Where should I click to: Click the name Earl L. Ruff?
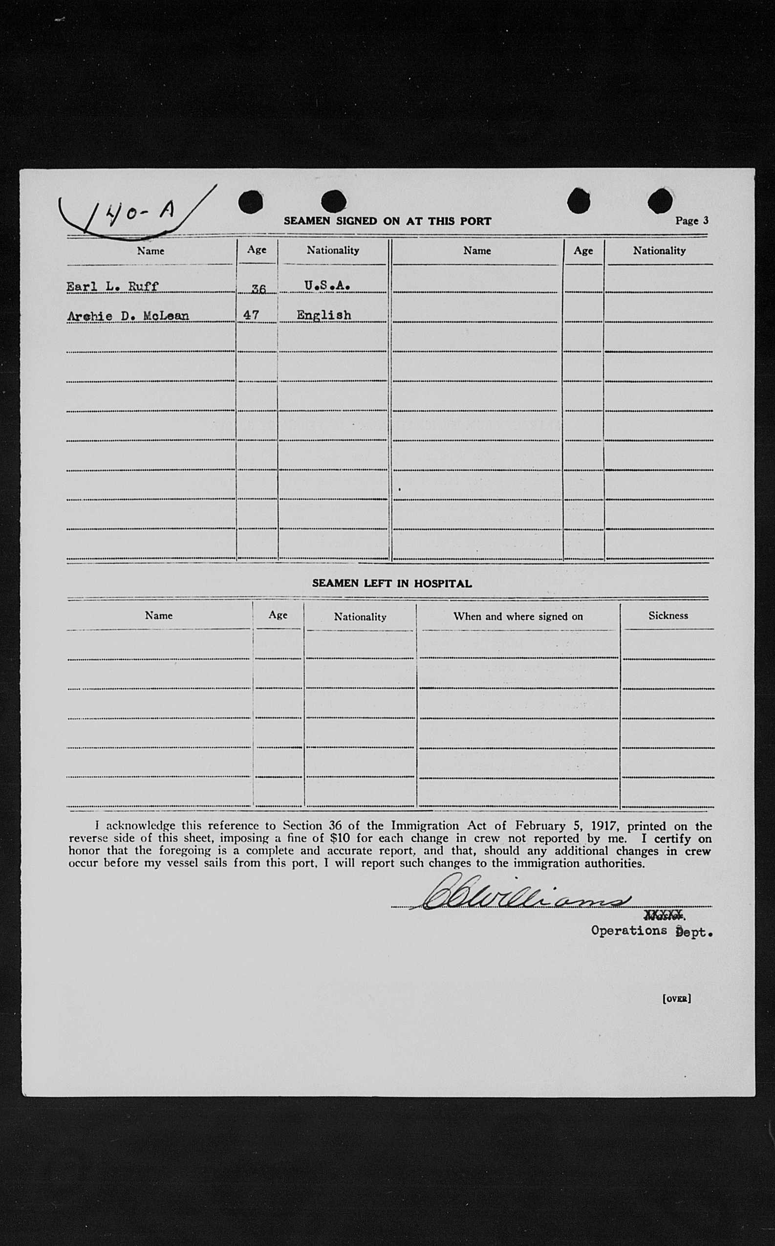tap(112, 286)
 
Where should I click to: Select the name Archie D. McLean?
tap(128, 316)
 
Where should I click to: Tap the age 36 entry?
tap(258, 289)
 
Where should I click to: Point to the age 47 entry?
tap(251, 315)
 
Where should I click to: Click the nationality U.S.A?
tap(327, 285)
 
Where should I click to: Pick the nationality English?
tap(324, 315)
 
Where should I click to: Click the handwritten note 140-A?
tap(139, 210)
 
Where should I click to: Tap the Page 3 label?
tap(691, 220)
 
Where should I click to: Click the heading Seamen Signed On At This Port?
tap(387, 221)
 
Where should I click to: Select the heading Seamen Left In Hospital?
tap(391, 584)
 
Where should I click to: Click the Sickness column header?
tap(667, 616)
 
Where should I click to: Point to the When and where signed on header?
tap(517, 616)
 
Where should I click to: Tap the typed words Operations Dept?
tap(651, 932)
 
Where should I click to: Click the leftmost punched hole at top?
tap(251, 201)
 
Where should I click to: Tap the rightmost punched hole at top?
tap(660, 200)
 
